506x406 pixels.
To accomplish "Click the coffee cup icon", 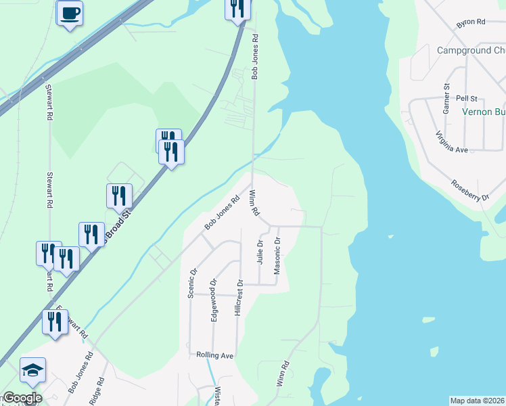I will (x=70, y=13).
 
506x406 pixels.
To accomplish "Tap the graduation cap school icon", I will (x=32, y=370).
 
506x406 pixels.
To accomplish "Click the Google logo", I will (x=22, y=398).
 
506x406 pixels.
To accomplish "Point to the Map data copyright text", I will (x=478, y=401).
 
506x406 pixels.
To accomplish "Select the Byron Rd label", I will (x=471, y=22).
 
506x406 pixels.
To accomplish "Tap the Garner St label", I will (x=446, y=99).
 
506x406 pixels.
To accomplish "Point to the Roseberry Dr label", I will (x=471, y=191).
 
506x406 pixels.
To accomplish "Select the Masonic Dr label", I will (x=277, y=255).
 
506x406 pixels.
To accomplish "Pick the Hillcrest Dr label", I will (x=238, y=297).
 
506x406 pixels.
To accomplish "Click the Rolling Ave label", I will (x=214, y=355).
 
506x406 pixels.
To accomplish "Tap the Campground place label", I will (x=471, y=51).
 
